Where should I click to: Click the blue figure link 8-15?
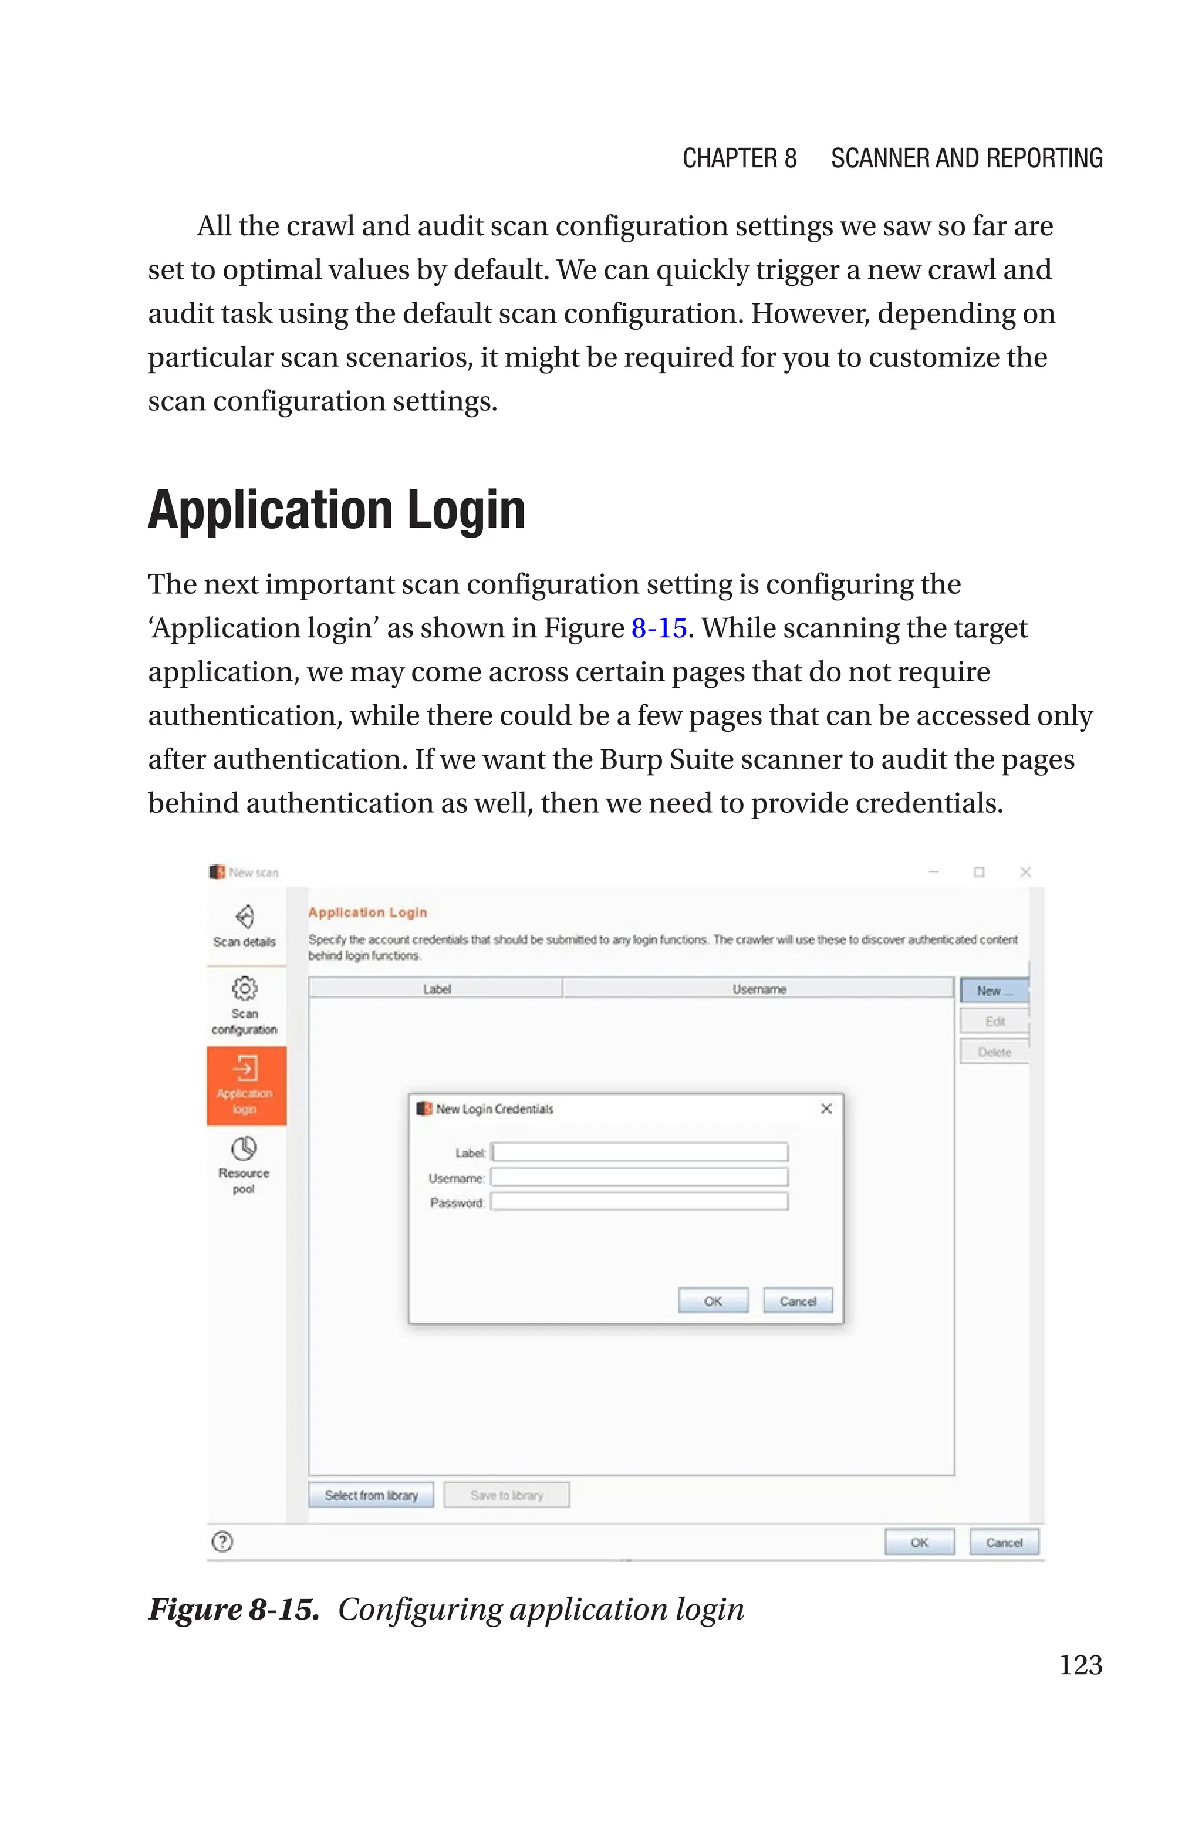click(659, 628)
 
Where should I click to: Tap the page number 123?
click(1080, 1664)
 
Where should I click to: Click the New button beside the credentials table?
click(994, 991)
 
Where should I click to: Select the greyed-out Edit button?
click(994, 1022)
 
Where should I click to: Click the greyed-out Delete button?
click(994, 1052)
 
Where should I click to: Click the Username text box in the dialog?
click(639, 1178)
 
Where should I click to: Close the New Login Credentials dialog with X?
click(826, 1108)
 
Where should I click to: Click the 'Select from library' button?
click(371, 1495)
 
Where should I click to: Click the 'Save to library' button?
click(507, 1495)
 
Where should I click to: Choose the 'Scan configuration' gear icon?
click(245, 988)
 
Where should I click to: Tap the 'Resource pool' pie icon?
click(244, 1148)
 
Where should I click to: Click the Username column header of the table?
click(758, 989)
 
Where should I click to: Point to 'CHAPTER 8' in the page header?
click(739, 158)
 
